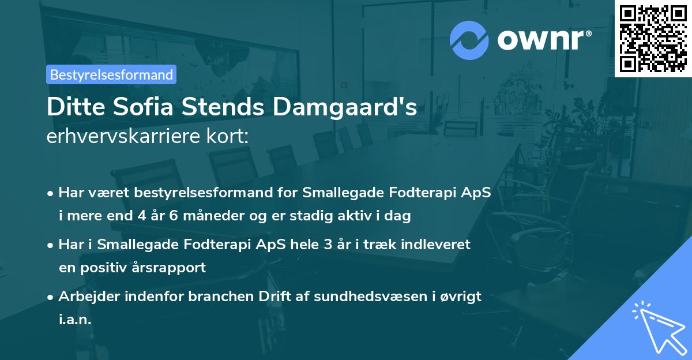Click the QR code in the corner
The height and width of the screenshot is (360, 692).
click(653, 38)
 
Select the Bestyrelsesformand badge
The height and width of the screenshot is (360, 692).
click(111, 74)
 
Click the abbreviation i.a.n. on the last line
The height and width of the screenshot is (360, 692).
click(75, 320)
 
